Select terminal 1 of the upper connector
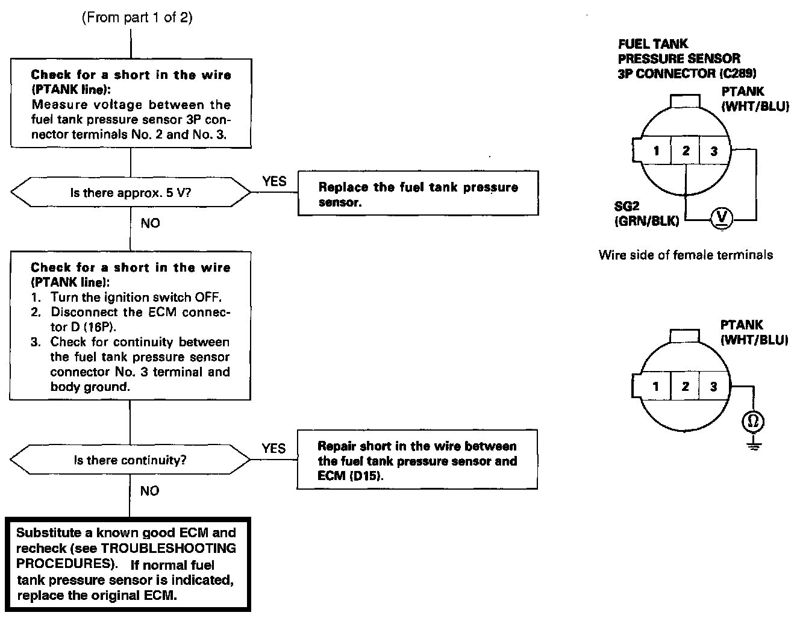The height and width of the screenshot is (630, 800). [x=656, y=151]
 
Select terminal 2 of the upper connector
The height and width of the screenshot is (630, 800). [x=686, y=151]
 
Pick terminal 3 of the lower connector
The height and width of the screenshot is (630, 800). [x=714, y=386]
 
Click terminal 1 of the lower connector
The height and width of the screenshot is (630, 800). [x=656, y=386]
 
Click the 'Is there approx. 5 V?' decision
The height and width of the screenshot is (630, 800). [x=131, y=193]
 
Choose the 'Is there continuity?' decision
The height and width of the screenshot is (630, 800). [x=130, y=460]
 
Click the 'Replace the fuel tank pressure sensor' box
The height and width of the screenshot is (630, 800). [x=418, y=194]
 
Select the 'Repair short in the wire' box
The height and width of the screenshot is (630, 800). [x=417, y=460]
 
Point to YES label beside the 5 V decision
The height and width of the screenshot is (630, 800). [x=274, y=181]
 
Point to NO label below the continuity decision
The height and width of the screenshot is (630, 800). [x=149, y=491]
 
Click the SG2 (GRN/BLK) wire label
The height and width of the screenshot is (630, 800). [x=647, y=214]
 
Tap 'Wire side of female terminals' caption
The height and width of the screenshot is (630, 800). [x=686, y=255]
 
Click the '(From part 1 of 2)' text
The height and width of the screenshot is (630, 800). [x=137, y=17]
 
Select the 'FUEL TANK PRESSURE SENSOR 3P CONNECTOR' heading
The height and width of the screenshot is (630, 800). [x=687, y=58]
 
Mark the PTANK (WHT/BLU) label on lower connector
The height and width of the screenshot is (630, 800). [x=754, y=332]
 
